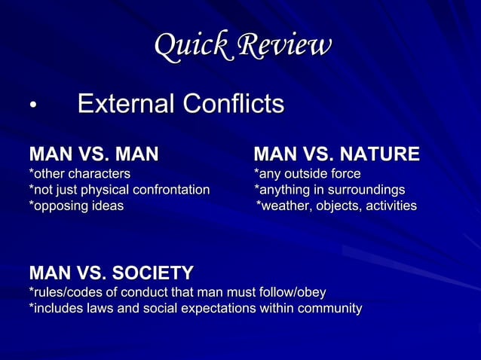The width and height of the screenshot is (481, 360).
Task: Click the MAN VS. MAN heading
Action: [x=93, y=155]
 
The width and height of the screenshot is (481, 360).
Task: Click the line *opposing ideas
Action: [x=76, y=205]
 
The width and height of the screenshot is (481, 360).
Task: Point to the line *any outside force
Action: [x=308, y=174]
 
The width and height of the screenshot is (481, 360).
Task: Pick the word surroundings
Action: [x=367, y=189]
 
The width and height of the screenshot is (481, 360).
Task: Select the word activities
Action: [x=388, y=205]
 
